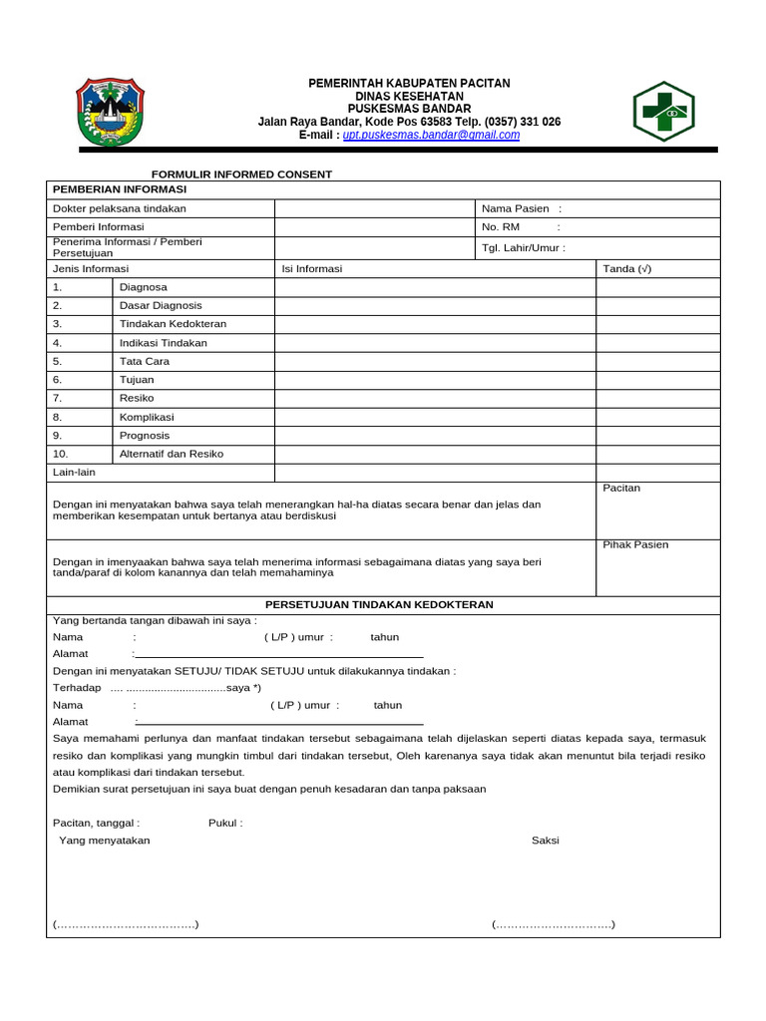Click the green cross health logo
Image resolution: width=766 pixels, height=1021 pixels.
click(x=663, y=111)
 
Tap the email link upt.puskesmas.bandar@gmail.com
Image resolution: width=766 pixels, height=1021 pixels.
click(x=431, y=136)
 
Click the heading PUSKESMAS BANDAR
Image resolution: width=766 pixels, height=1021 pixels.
click(x=409, y=109)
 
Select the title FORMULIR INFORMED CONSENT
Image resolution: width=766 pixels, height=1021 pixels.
click(x=241, y=174)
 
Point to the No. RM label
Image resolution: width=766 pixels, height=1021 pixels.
click(x=502, y=227)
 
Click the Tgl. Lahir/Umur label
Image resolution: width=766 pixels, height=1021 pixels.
click(x=524, y=248)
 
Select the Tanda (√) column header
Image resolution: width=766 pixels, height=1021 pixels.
click(x=627, y=269)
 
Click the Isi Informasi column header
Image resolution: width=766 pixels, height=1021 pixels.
click(x=312, y=269)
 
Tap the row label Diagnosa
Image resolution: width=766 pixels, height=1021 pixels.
click(x=144, y=287)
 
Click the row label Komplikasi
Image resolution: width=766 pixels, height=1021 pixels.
click(x=147, y=417)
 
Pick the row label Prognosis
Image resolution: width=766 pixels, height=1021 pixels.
click(x=145, y=436)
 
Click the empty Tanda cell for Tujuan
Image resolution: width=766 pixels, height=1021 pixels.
click(x=657, y=380)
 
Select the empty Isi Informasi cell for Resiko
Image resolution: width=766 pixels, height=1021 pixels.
click(x=435, y=399)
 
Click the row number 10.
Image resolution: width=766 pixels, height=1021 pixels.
click(x=61, y=454)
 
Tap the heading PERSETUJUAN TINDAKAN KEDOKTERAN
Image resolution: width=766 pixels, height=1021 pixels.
click(x=379, y=605)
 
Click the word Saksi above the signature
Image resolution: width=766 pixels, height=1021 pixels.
click(x=546, y=841)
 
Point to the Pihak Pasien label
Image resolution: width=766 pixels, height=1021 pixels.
click(x=635, y=545)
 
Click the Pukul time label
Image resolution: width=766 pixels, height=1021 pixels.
click(x=224, y=824)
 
